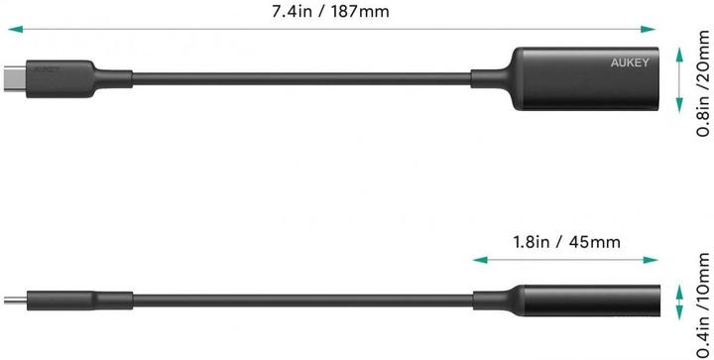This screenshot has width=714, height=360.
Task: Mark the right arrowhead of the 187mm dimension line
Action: [658, 31]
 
